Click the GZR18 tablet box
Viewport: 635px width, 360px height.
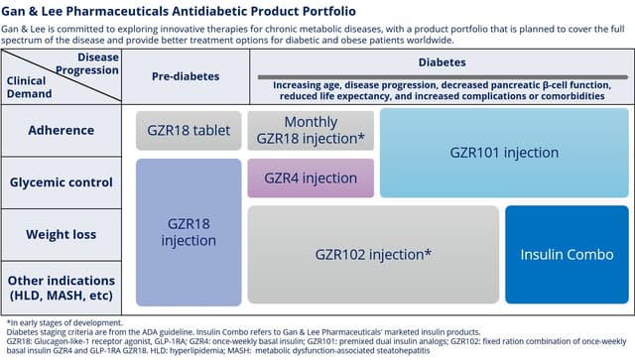tap(189, 129)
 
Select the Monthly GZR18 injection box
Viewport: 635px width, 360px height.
tap(311, 130)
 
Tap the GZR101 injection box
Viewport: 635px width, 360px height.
tap(504, 153)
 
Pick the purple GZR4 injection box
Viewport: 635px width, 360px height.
tap(311, 178)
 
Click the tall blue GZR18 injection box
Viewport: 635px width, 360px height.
tap(189, 232)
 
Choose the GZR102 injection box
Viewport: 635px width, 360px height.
tap(373, 254)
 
